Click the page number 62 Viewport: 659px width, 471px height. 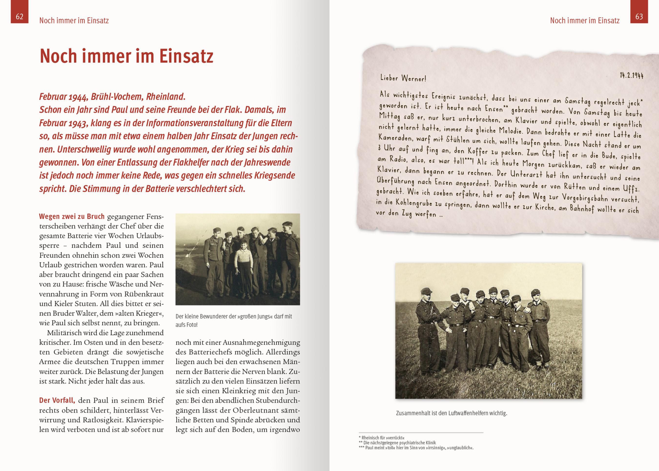click(20, 17)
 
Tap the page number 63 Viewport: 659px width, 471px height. click(639, 17)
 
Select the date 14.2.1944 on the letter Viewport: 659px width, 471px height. click(631, 76)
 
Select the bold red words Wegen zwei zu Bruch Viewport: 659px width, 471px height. click(72, 217)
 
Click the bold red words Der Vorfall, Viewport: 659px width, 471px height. click(57, 400)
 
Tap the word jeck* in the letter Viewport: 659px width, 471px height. click(635, 103)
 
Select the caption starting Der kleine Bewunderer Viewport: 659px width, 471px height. click(233, 320)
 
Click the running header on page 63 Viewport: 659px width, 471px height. click(585, 21)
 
